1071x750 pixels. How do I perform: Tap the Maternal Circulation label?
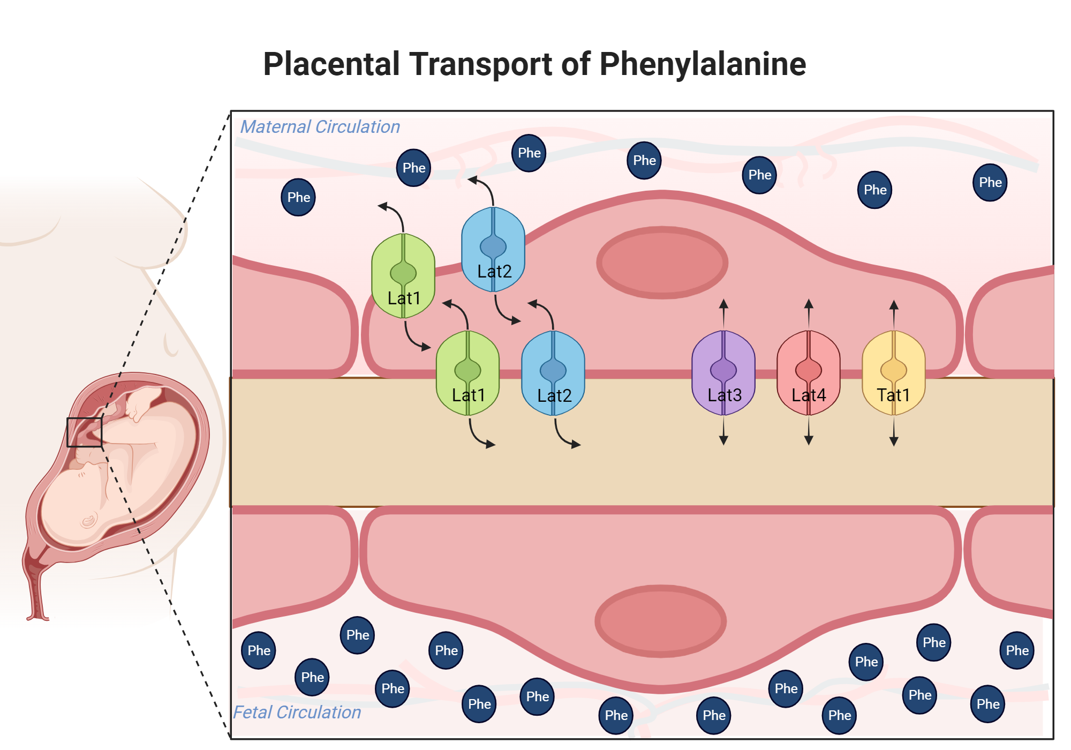click(320, 127)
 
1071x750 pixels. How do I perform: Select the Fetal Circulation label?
click(297, 712)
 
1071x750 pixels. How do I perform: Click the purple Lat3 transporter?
click(723, 373)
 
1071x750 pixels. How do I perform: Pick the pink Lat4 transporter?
click(809, 373)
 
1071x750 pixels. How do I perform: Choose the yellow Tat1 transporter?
click(894, 373)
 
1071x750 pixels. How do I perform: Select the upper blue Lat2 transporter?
click(493, 249)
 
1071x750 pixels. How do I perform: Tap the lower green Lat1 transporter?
click(467, 373)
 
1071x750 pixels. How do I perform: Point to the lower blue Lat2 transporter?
click(553, 373)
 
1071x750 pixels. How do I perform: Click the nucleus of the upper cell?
click(662, 262)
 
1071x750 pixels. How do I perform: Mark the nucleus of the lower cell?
click(660, 621)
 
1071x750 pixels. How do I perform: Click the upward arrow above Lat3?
click(723, 312)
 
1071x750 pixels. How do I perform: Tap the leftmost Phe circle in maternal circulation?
click(298, 197)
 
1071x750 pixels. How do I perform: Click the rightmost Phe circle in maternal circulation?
click(990, 183)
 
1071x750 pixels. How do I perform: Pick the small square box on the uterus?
click(84, 432)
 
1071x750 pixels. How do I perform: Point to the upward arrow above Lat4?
click(809, 312)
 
